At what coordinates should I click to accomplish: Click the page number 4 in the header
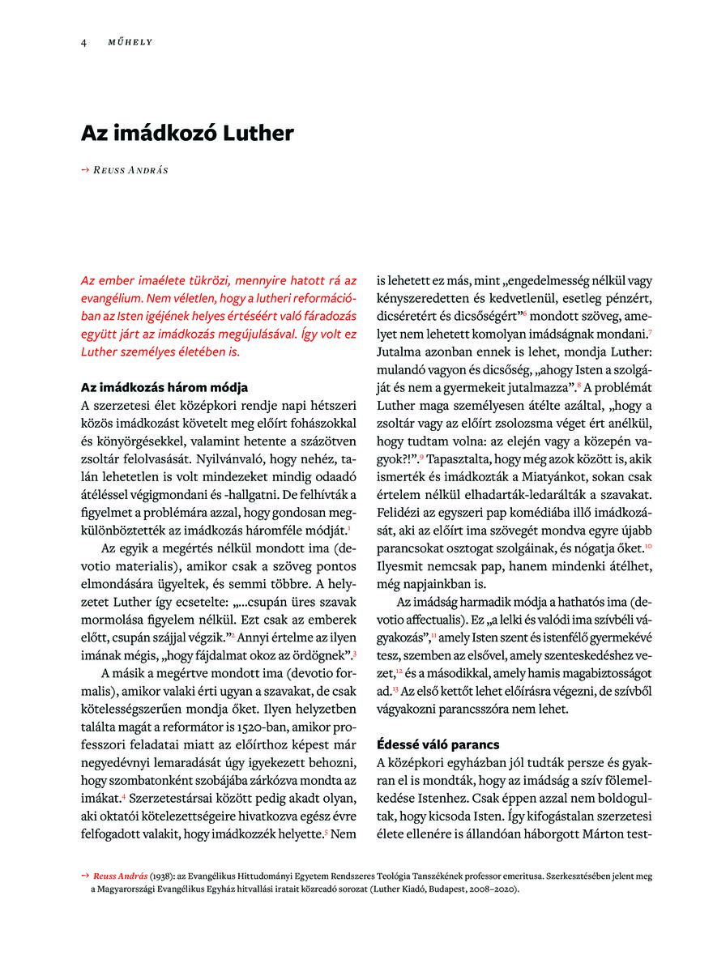pos(83,41)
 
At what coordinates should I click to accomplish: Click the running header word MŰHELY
pos(130,41)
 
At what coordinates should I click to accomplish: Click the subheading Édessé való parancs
pos(438,744)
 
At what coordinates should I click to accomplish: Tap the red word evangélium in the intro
pos(113,297)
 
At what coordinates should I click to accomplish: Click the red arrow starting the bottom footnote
pos(85,876)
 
